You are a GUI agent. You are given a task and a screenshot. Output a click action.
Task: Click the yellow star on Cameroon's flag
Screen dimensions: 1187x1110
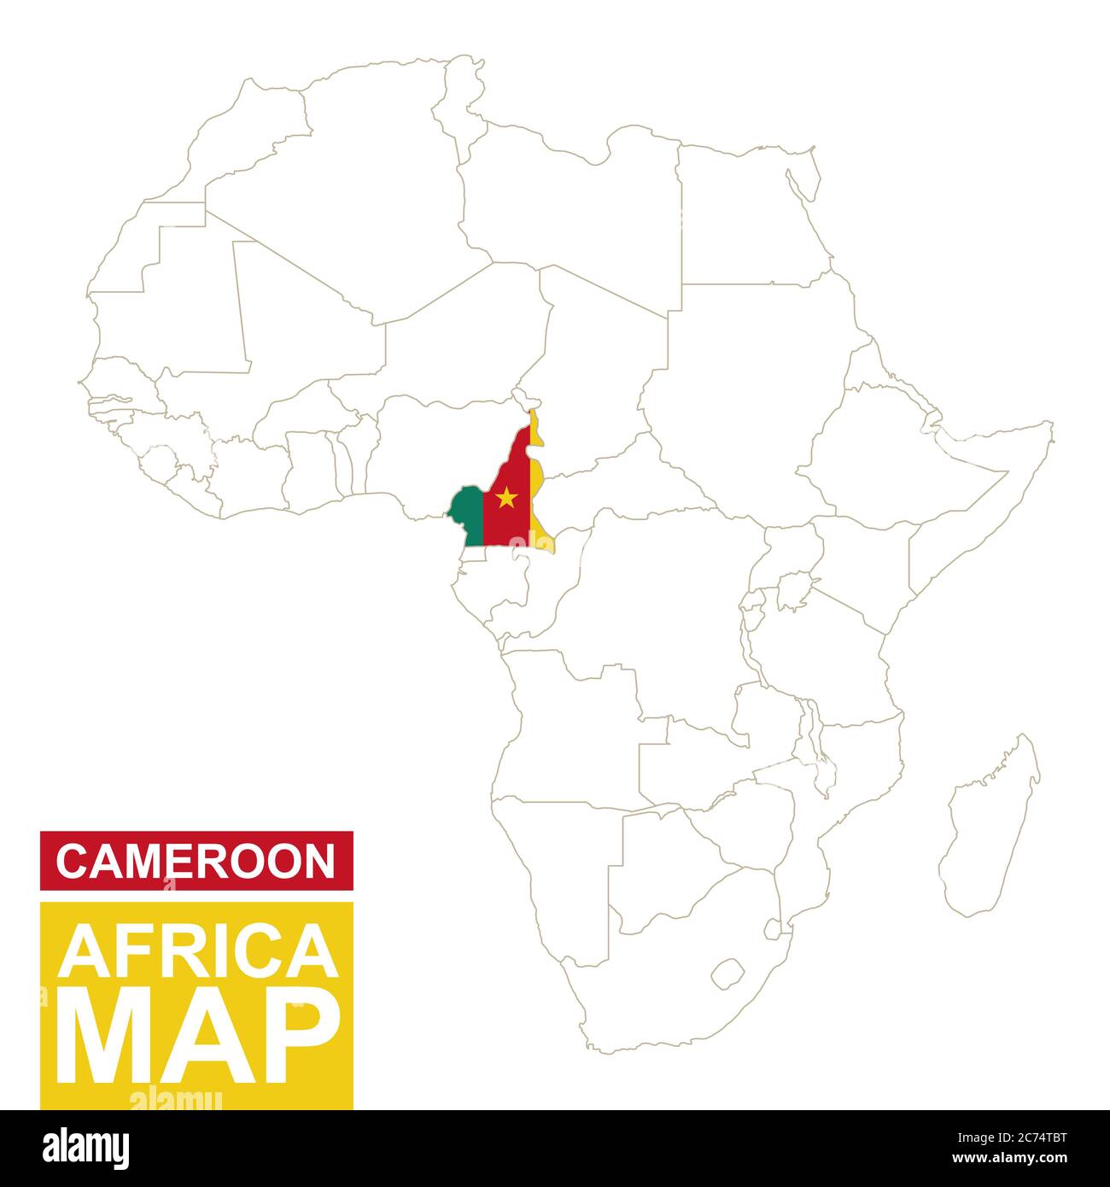(x=506, y=497)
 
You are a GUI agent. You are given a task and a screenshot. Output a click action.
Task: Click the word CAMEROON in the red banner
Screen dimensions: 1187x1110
(x=196, y=861)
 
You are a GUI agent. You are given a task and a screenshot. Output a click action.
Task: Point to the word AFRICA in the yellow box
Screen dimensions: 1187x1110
(x=196, y=952)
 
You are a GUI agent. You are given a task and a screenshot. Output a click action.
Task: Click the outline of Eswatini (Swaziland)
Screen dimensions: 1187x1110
(x=772, y=928)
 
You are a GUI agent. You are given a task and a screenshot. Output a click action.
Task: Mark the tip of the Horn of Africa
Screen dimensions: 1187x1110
(x=1050, y=424)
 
